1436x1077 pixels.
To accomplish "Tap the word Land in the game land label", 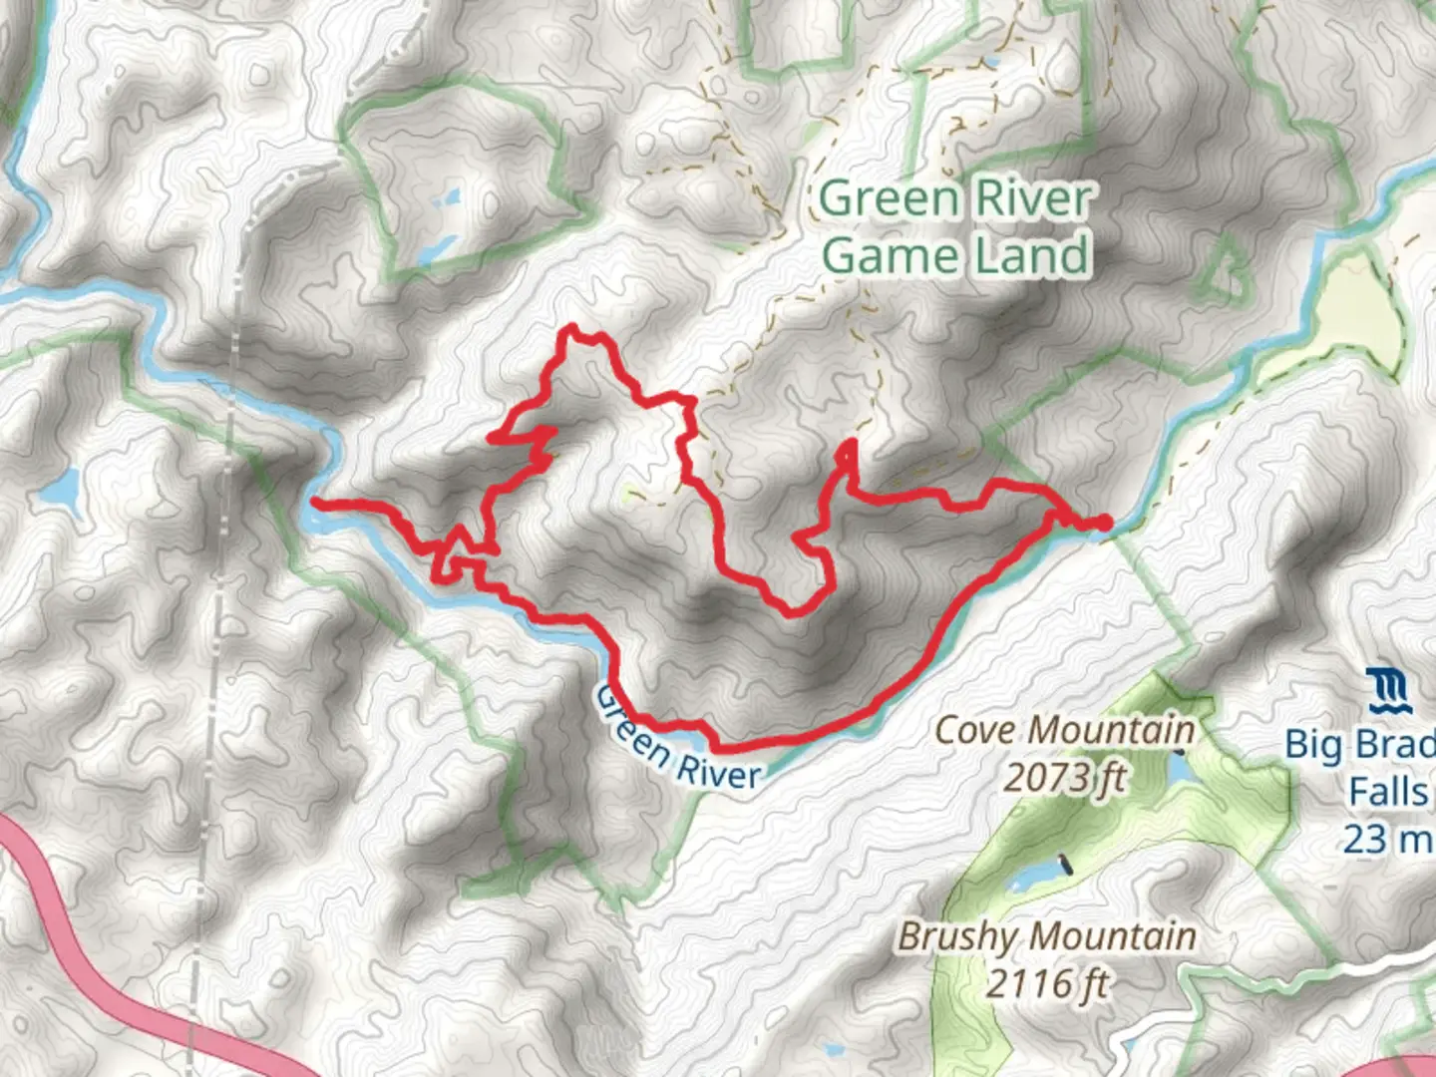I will tap(1031, 255).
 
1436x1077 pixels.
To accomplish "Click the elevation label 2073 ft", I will tap(1064, 776).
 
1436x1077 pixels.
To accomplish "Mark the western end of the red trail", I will tap(315, 502).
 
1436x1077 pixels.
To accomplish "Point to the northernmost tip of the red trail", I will tap(571, 327).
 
